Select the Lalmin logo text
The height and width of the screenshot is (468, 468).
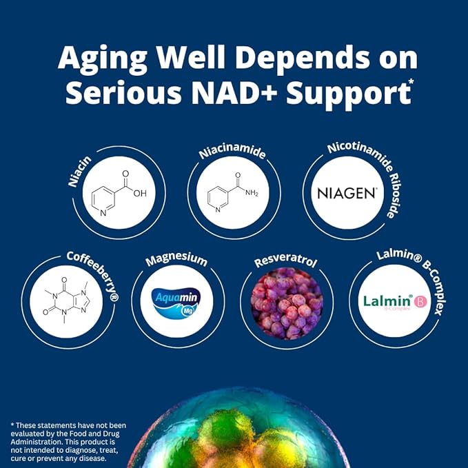pos(387,301)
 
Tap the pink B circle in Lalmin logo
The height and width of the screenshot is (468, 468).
pos(418,301)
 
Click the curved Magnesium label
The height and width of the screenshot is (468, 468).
pos(176,260)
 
